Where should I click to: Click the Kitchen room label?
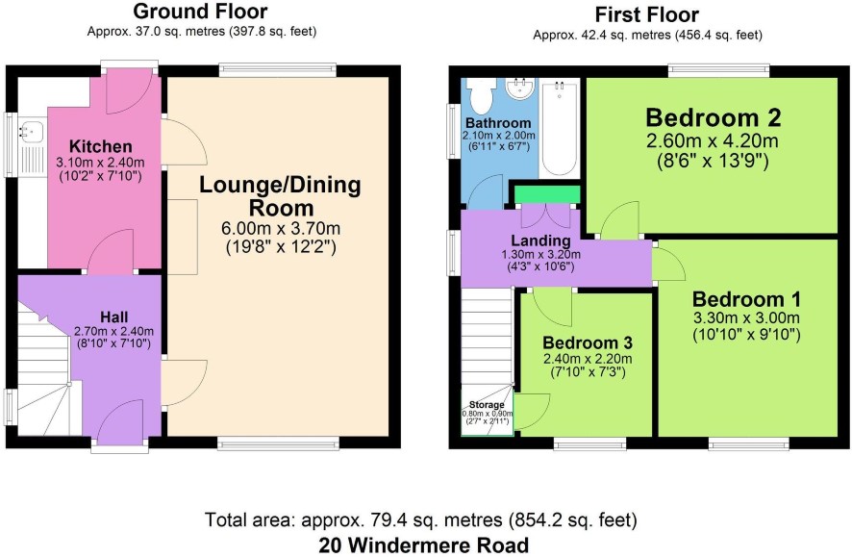point(101,146)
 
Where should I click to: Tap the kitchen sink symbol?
point(31,132)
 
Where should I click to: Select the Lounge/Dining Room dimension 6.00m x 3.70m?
point(281,228)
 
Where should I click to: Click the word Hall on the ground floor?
point(114,316)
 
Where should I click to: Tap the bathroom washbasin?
point(519,89)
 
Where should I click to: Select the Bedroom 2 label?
point(713,117)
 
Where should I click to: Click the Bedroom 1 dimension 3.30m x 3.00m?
point(746,317)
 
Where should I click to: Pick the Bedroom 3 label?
point(588,342)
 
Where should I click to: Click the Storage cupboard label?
point(487,405)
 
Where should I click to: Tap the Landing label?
point(540,241)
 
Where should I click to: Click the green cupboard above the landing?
point(546,194)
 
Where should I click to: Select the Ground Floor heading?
point(201,11)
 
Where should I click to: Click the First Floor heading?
point(646,14)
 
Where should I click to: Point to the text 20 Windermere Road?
point(424,545)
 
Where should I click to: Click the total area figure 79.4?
point(386,520)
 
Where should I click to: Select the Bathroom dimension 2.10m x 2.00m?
point(499,136)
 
